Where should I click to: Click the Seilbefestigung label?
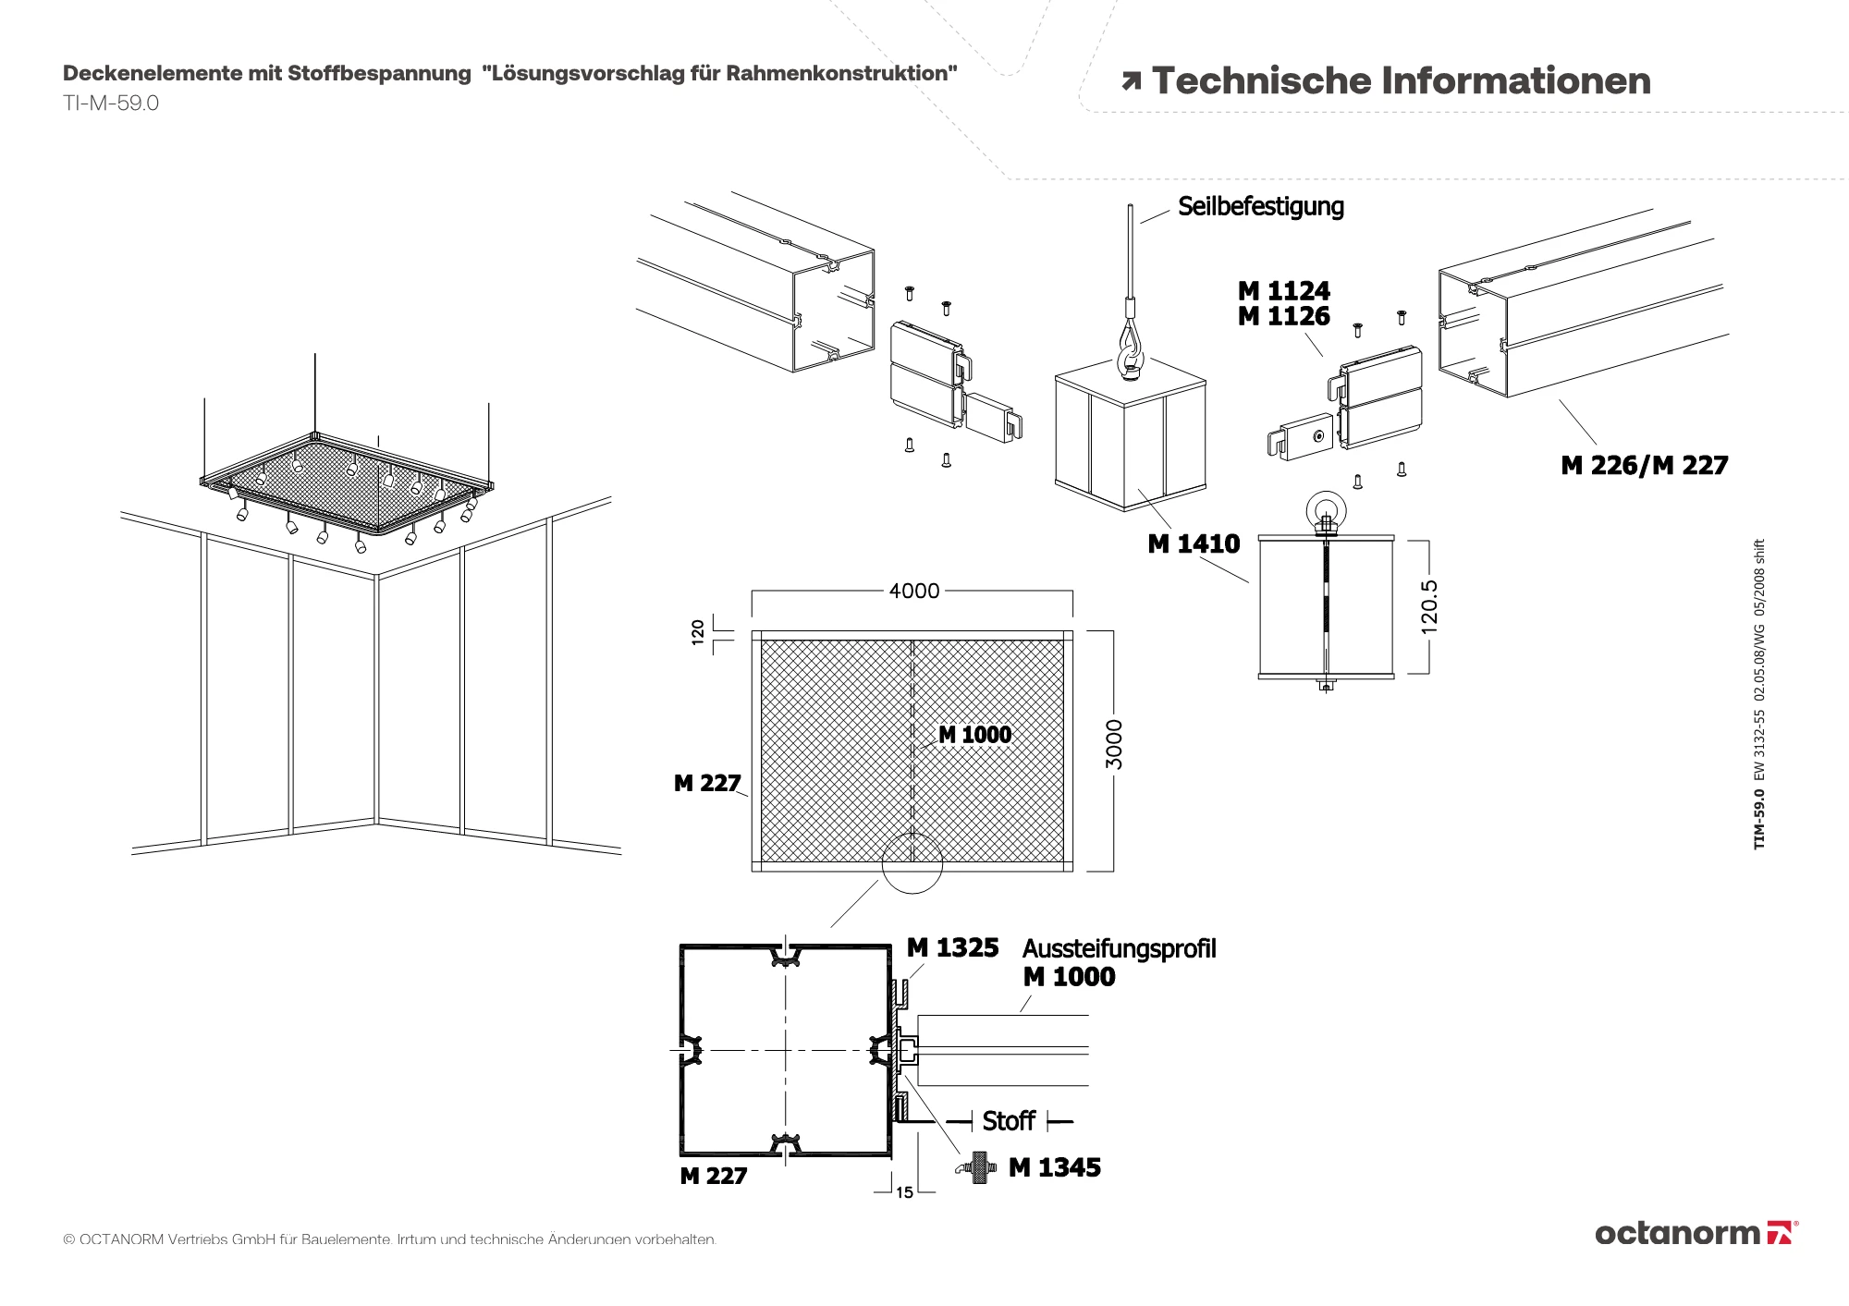1260,206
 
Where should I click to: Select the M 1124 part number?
1283,290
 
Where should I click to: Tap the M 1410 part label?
1194,543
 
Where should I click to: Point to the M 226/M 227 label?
1644,465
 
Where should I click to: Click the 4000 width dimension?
913,591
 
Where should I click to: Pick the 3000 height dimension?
1114,744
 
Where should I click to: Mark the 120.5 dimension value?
1429,606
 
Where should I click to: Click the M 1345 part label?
1055,1167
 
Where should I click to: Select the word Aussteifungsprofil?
1119,949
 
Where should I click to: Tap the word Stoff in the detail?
1009,1121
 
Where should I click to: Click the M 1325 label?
952,948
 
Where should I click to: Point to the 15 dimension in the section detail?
904,1192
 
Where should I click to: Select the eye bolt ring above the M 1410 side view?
1324,509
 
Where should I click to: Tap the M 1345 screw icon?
978,1168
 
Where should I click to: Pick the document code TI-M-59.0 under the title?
111,104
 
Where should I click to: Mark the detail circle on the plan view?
912,863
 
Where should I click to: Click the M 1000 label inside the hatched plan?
974,735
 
